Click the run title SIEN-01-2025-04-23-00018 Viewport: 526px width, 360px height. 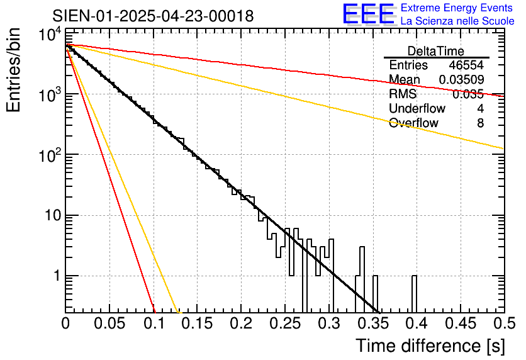coord(153,16)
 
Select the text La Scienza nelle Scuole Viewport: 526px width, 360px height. coord(457,21)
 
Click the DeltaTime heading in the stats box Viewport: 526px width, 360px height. coord(436,51)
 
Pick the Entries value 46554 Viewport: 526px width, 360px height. coord(466,65)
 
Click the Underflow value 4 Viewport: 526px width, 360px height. coord(480,109)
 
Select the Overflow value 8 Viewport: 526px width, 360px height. coord(480,123)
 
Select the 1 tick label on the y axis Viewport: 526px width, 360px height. coord(55,276)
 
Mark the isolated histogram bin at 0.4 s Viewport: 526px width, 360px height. coord(414,293)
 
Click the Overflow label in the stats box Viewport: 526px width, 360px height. coord(413,123)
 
